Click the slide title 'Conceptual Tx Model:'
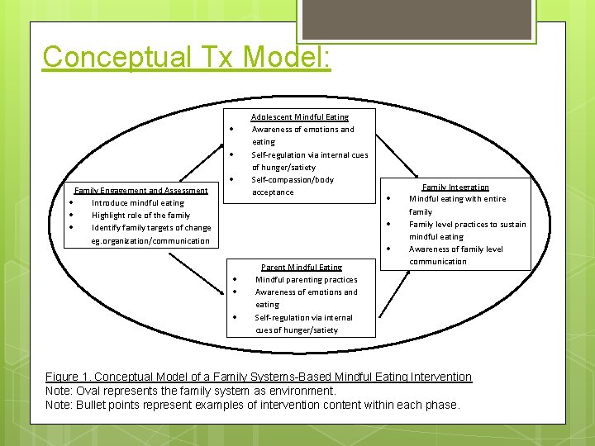click(x=187, y=57)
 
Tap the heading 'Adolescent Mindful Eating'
click(x=300, y=117)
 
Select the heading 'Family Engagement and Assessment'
click(x=141, y=191)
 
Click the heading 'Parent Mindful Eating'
click(x=302, y=267)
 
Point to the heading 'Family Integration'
click(x=455, y=187)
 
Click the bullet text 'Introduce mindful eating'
click(x=138, y=203)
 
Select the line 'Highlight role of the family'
click(x=140, y=216)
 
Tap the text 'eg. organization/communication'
click(x=150, y=241)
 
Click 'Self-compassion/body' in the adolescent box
click(x=293, y=179)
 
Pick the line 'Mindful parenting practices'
click(x=307, y=279)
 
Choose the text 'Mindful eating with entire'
click(x=458, y=199)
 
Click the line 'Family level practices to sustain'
click(x=468, y=225)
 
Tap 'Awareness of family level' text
click(x=456, y=249)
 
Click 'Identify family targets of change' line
click(x=151, y=228)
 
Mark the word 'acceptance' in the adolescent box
click(x=273, y=192)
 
